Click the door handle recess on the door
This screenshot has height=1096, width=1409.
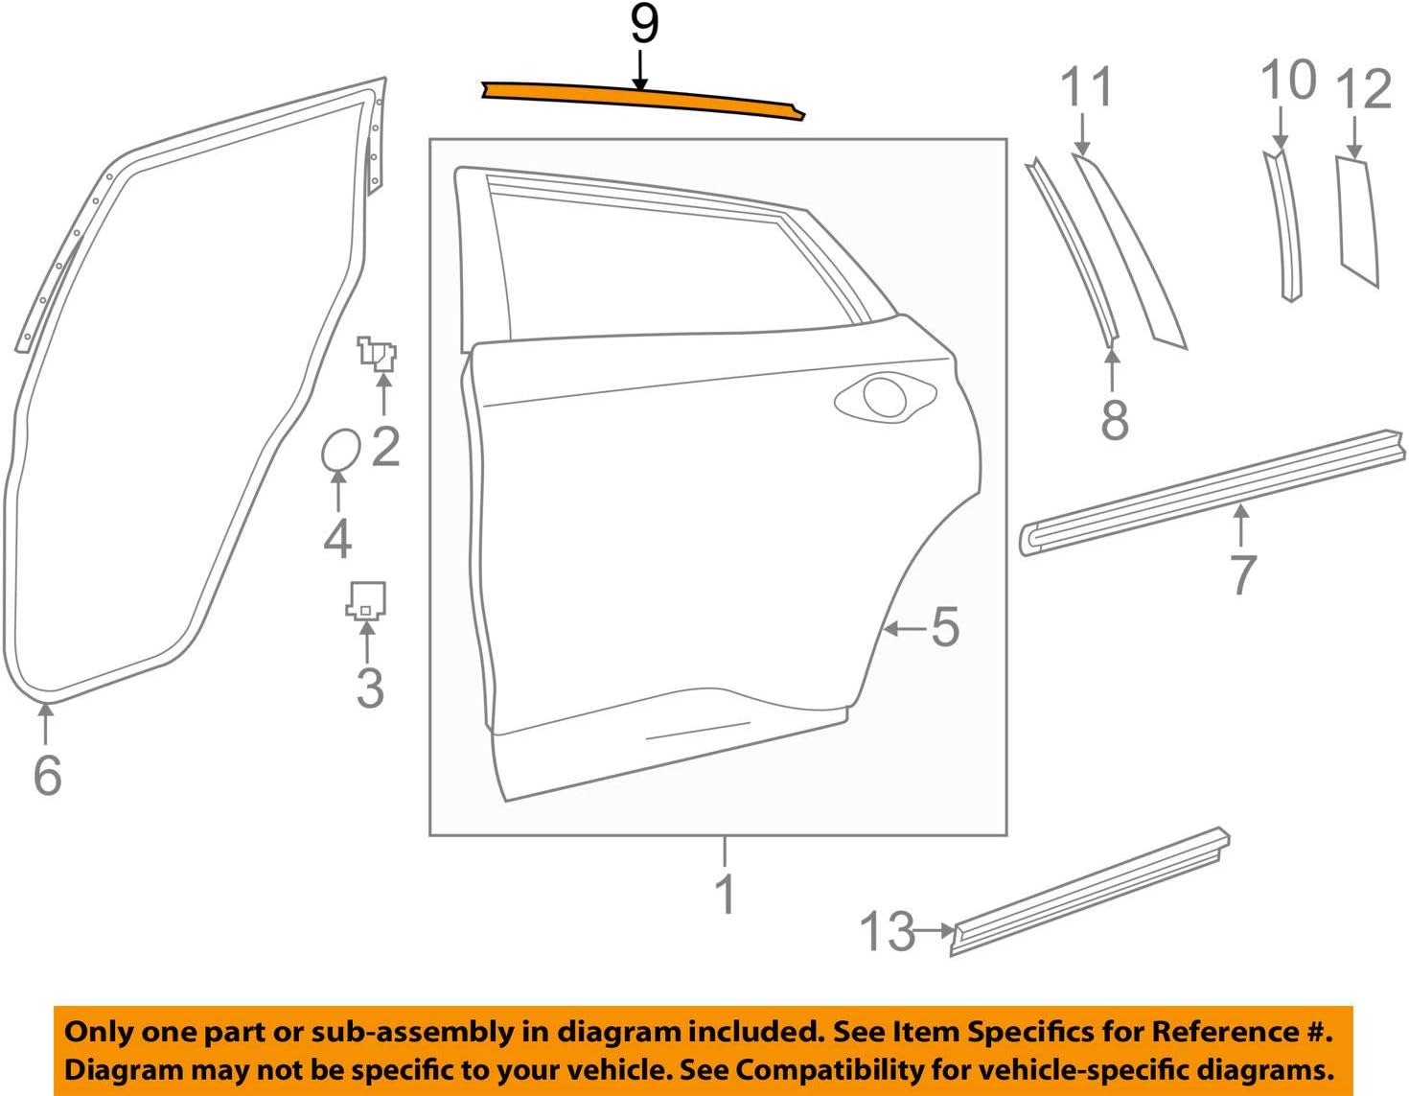click(884, 397)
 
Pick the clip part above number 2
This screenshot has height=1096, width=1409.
click(378, 354)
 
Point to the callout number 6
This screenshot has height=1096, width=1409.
click(47, 775)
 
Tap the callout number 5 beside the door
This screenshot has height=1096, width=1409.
click(944, 628)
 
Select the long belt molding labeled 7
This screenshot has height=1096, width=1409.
click(1208, 491)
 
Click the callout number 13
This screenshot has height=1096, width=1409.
click(887, 931)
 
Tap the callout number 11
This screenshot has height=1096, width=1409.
click(1088, 88)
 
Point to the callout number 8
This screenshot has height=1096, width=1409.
click(1114, 420)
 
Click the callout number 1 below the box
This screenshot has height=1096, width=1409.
click(726, 894)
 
